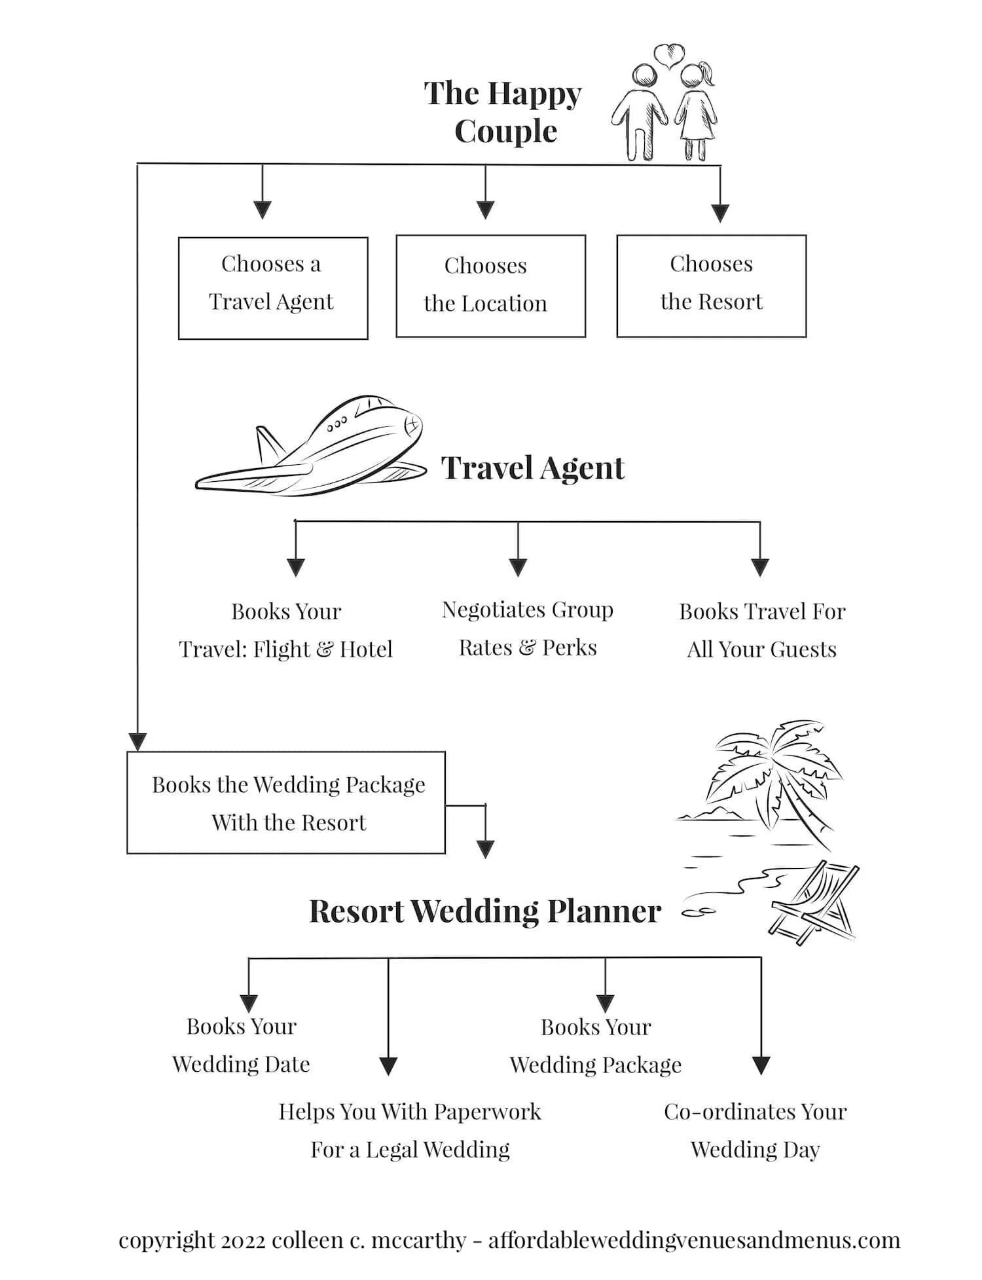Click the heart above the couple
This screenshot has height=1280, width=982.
668,56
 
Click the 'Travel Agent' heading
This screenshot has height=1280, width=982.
533,468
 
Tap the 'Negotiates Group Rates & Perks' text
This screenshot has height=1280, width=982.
528,629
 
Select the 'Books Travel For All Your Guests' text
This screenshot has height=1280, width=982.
762,630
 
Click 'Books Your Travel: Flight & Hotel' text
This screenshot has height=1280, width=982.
286,630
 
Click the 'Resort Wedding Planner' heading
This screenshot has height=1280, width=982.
485,911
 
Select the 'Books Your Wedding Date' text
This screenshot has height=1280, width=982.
241,1045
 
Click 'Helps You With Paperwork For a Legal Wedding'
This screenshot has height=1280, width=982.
410,1130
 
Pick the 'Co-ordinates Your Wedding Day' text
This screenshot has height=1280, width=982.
755,1130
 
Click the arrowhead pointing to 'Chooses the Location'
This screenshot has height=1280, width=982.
485,210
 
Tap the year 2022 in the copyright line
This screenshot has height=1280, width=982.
243,1240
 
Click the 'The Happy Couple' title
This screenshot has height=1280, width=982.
503,112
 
